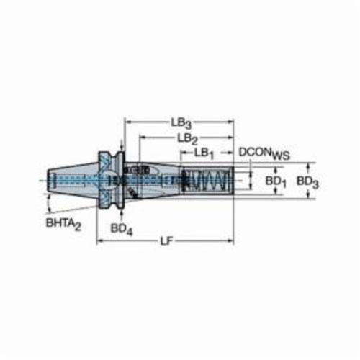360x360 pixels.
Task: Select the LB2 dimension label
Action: tap(187, 139)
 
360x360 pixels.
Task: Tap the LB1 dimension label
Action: tap(204, 153)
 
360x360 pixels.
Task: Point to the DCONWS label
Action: tap(264, 153)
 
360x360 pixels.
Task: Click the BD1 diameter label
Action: tap(276, 181)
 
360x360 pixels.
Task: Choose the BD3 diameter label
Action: tap(307, 181)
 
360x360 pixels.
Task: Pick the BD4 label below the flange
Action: tap(122, 229)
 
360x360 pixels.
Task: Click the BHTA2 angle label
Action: tap(63, 224)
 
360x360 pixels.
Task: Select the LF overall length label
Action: tap(166, 241)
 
